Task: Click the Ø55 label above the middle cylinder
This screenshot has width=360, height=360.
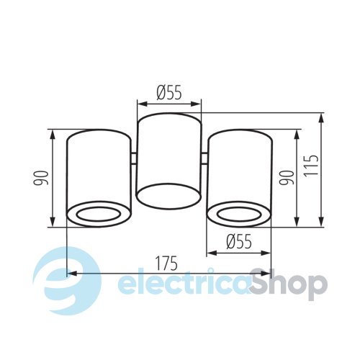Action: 169,92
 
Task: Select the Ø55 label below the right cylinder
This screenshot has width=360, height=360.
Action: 239,241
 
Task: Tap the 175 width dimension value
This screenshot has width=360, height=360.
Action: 166,264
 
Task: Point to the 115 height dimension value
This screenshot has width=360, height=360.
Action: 311,166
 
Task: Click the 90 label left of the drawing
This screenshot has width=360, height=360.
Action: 40,178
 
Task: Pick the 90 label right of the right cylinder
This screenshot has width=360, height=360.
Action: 287,178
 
